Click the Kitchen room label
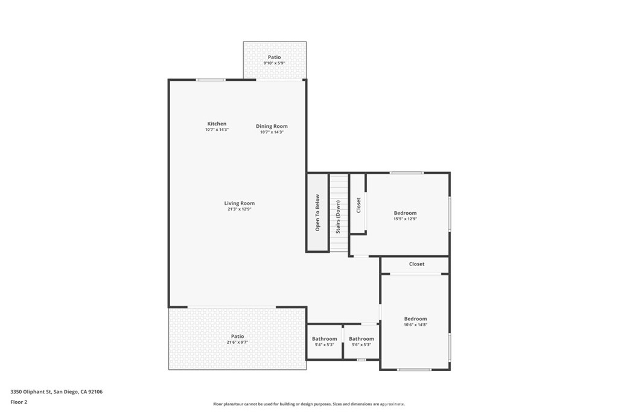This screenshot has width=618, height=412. (x=217, y=124)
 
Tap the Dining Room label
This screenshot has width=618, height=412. (x=272, y=126)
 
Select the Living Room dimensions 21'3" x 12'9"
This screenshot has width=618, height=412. (x=239, y=209)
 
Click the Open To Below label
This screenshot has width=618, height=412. (x=317, y=213)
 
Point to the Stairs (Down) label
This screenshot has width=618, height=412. (x=338, y=217)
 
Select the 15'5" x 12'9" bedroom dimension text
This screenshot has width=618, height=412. (x=405, y=218)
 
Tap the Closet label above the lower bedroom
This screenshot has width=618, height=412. (x=416, y=264)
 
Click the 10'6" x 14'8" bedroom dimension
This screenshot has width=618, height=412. (x=415, y=325)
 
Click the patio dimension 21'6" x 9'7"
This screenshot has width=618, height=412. (x=237, y=342)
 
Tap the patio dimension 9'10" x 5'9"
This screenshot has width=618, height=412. (x=275, y=63)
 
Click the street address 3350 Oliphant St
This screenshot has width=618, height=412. (x=31, y=391)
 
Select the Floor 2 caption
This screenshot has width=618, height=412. (x=19, y=402)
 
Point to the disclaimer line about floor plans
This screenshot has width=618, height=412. (x=309, y=404)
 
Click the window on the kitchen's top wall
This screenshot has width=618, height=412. (x=211, y=80)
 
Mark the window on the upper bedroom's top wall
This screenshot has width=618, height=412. (x=407, y=173)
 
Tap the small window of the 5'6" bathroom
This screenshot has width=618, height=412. (x=361, y=360)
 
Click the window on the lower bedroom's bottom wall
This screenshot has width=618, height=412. (x=414, y=369)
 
